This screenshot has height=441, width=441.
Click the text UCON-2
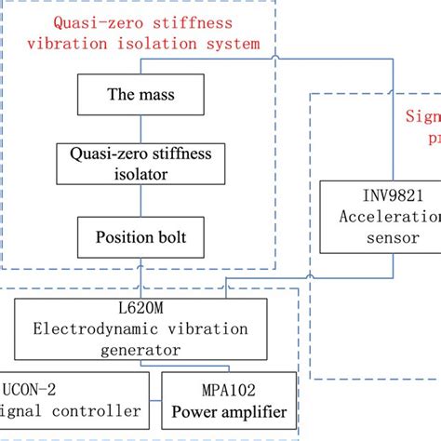click(33, 391)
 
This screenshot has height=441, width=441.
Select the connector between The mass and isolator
click(142, 126)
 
